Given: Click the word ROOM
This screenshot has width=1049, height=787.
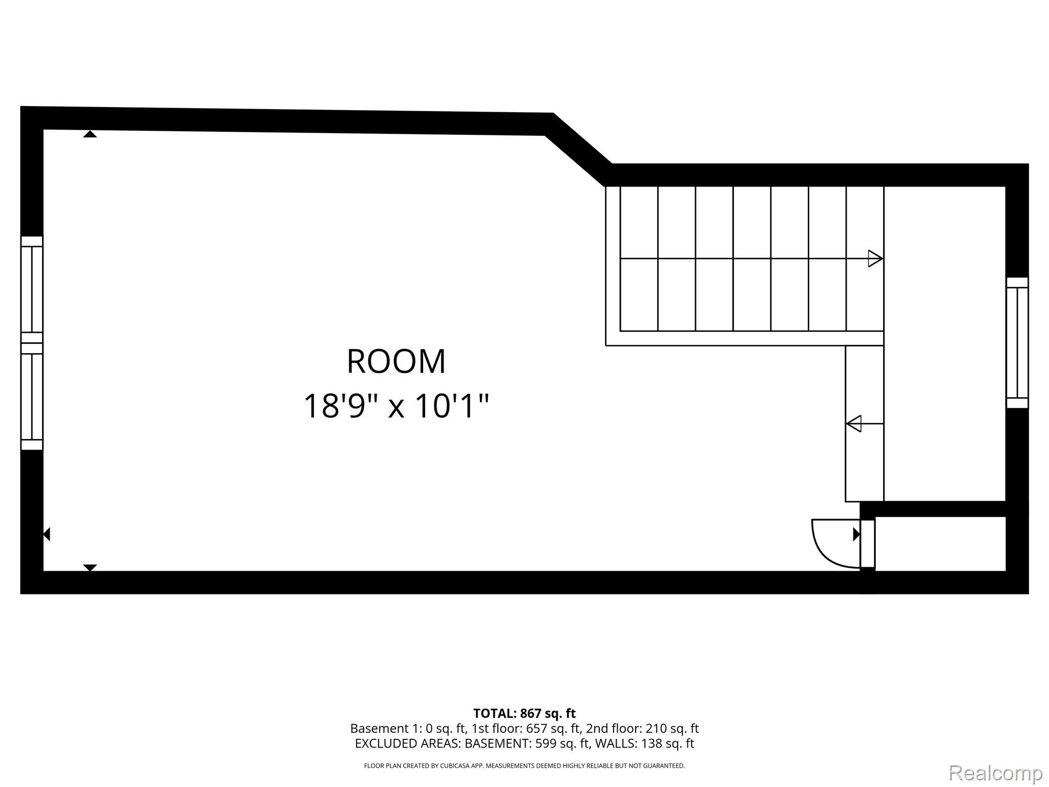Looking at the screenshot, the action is point(396,361).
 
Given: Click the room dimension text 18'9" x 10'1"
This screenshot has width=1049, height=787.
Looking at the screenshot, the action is point(396,406).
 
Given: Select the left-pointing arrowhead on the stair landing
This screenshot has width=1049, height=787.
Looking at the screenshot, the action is point(853,424).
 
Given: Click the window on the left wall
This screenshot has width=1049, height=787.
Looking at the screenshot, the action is point(32,343).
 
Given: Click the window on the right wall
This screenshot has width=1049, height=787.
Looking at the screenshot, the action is point(1017,342).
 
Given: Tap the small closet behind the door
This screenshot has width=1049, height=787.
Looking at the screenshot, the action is point(940,543).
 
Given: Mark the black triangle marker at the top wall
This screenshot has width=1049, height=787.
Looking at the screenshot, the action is point(90,134).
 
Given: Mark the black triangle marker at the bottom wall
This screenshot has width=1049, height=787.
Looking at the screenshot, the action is point(90,567).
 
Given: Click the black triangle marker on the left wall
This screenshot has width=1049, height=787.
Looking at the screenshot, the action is point(47,534).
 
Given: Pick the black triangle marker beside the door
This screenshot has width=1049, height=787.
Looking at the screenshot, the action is point(856,534).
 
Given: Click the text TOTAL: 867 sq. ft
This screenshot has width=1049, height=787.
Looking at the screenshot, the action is point(524,713).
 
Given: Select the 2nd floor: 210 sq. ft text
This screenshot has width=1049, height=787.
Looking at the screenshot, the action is point(642,728).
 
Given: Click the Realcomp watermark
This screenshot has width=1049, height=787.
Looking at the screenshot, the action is point(995,772).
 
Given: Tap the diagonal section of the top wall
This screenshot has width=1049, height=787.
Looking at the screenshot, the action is point(579,149).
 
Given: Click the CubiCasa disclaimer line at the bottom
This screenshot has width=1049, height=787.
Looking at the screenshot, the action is point(524,766).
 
